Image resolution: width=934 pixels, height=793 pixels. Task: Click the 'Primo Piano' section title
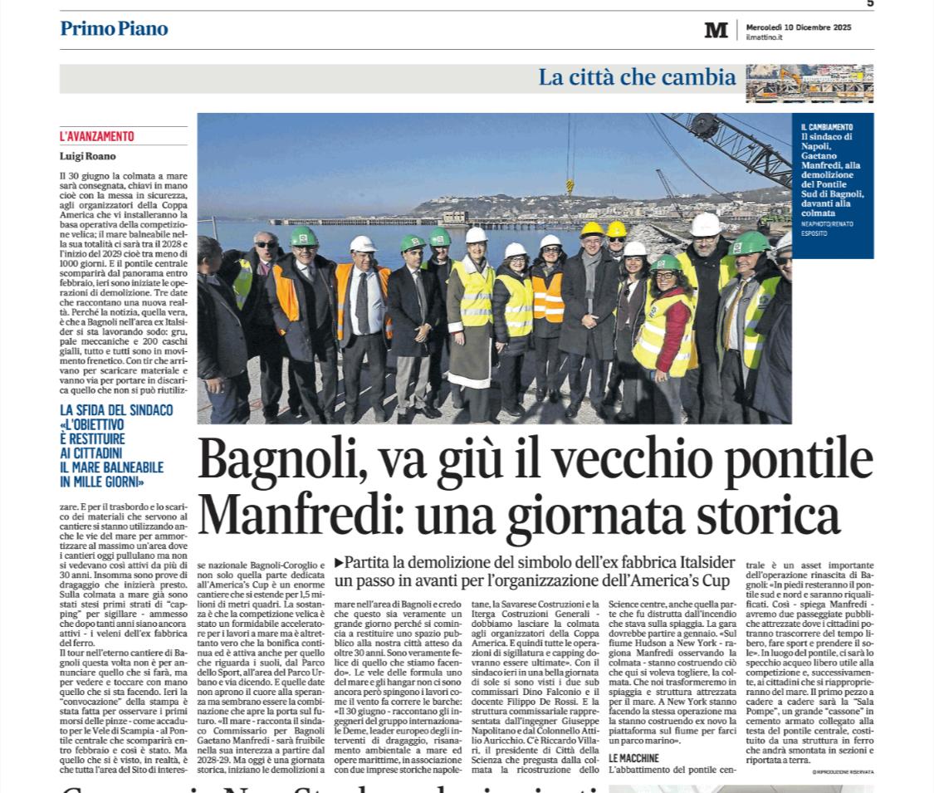(114, 29)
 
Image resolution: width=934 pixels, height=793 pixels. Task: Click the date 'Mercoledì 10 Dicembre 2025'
(798, 27)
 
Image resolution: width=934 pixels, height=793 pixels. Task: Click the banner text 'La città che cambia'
(637, 78)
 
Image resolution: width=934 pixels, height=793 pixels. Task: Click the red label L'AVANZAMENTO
(96, 137)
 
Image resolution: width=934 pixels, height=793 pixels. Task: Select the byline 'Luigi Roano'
(88, 155)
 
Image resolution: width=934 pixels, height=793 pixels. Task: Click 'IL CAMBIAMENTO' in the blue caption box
(826, 126)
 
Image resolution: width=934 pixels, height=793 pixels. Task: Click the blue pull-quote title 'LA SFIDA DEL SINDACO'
(116, 410)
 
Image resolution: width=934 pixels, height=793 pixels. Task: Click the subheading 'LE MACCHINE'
(633, 758)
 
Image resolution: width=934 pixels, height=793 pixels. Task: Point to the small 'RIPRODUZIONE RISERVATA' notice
(843, 772)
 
